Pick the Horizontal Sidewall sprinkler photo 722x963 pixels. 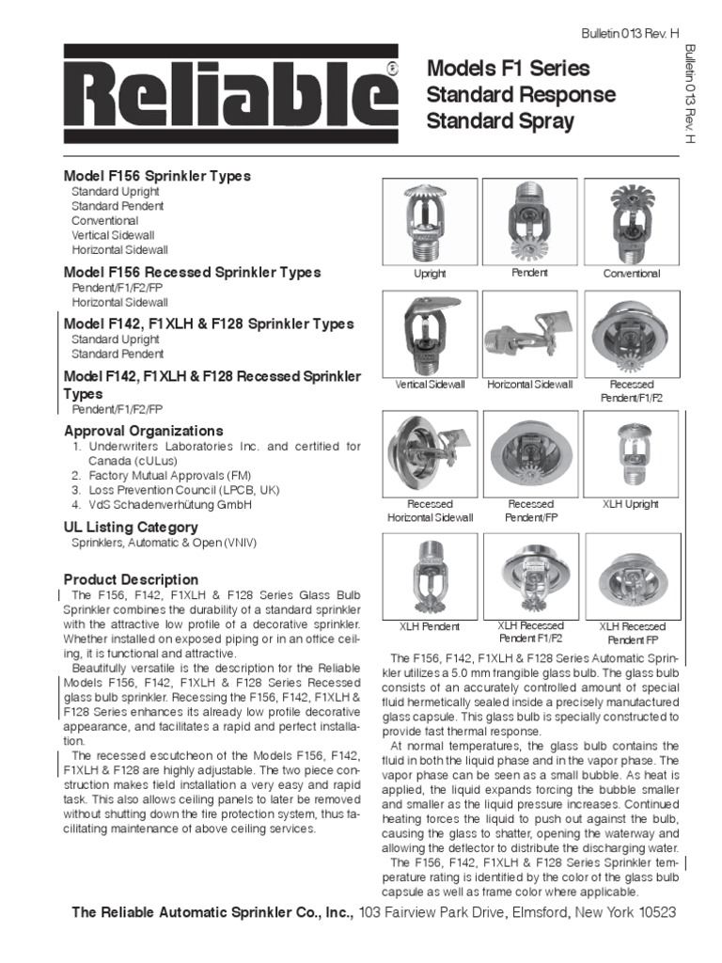click(x=529, y=333)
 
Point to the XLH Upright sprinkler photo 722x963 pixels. click(x=632, y=452)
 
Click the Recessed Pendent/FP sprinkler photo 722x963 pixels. click(x=529, y=452)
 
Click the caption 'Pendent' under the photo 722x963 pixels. click(x=529, y=273)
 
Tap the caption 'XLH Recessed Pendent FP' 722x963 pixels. click(x=631, y=633)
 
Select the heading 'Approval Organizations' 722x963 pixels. click(x=143, y=431)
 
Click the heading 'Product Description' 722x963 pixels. click(x=131, y=579)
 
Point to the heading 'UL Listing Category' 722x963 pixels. click(x=131, y=527)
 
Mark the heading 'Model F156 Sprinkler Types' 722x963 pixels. click(x=157, y=176)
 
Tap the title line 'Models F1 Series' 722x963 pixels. click(x=509, y=69)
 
